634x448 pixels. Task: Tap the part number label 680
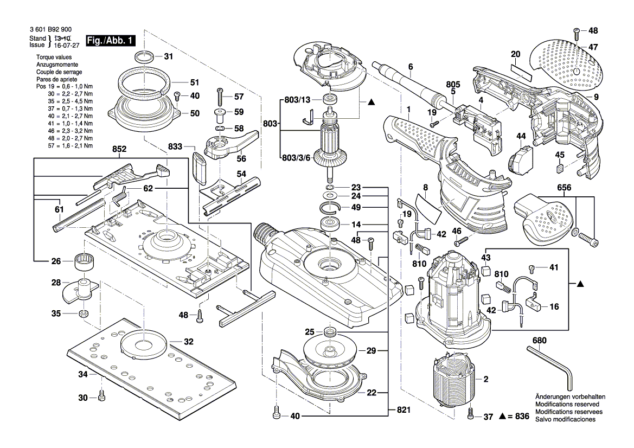coord(539,341)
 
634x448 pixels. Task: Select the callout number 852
coord(120,149)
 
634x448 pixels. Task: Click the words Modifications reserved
coord(567,405)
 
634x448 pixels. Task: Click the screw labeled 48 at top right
coord(577,31)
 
